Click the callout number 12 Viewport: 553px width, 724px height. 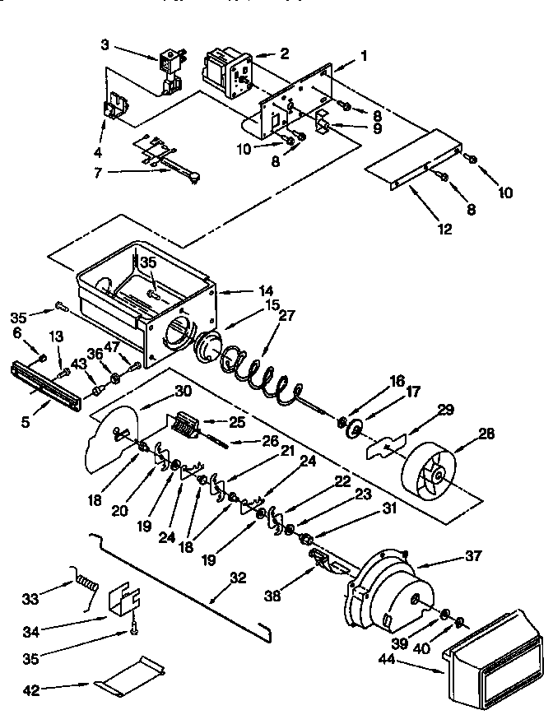(x=444, y=230)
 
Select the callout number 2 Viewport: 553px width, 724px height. (x=284, y=54)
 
